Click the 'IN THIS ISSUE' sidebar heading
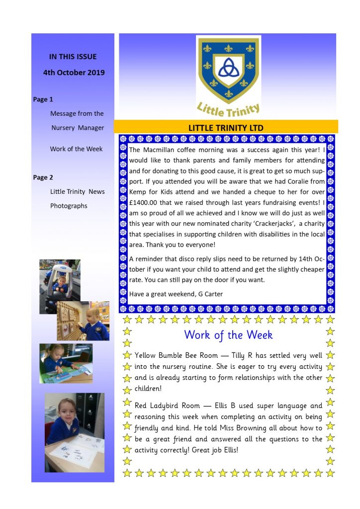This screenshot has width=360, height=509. (x=73, y=57)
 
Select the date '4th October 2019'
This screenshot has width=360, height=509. (x=74, y=72)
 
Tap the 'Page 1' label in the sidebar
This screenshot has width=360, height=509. (x=43, y=99)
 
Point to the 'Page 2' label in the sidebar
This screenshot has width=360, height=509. (x=43, y=177)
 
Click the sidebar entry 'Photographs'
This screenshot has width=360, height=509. (x=69, y=206)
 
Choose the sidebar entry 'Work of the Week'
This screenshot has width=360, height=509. (x=76, y=149)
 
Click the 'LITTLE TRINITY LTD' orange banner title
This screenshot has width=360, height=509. (x=226, y=128)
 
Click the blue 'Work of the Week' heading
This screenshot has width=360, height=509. (x=228, y=335)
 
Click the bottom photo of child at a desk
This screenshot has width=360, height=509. (x=75, y=432)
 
